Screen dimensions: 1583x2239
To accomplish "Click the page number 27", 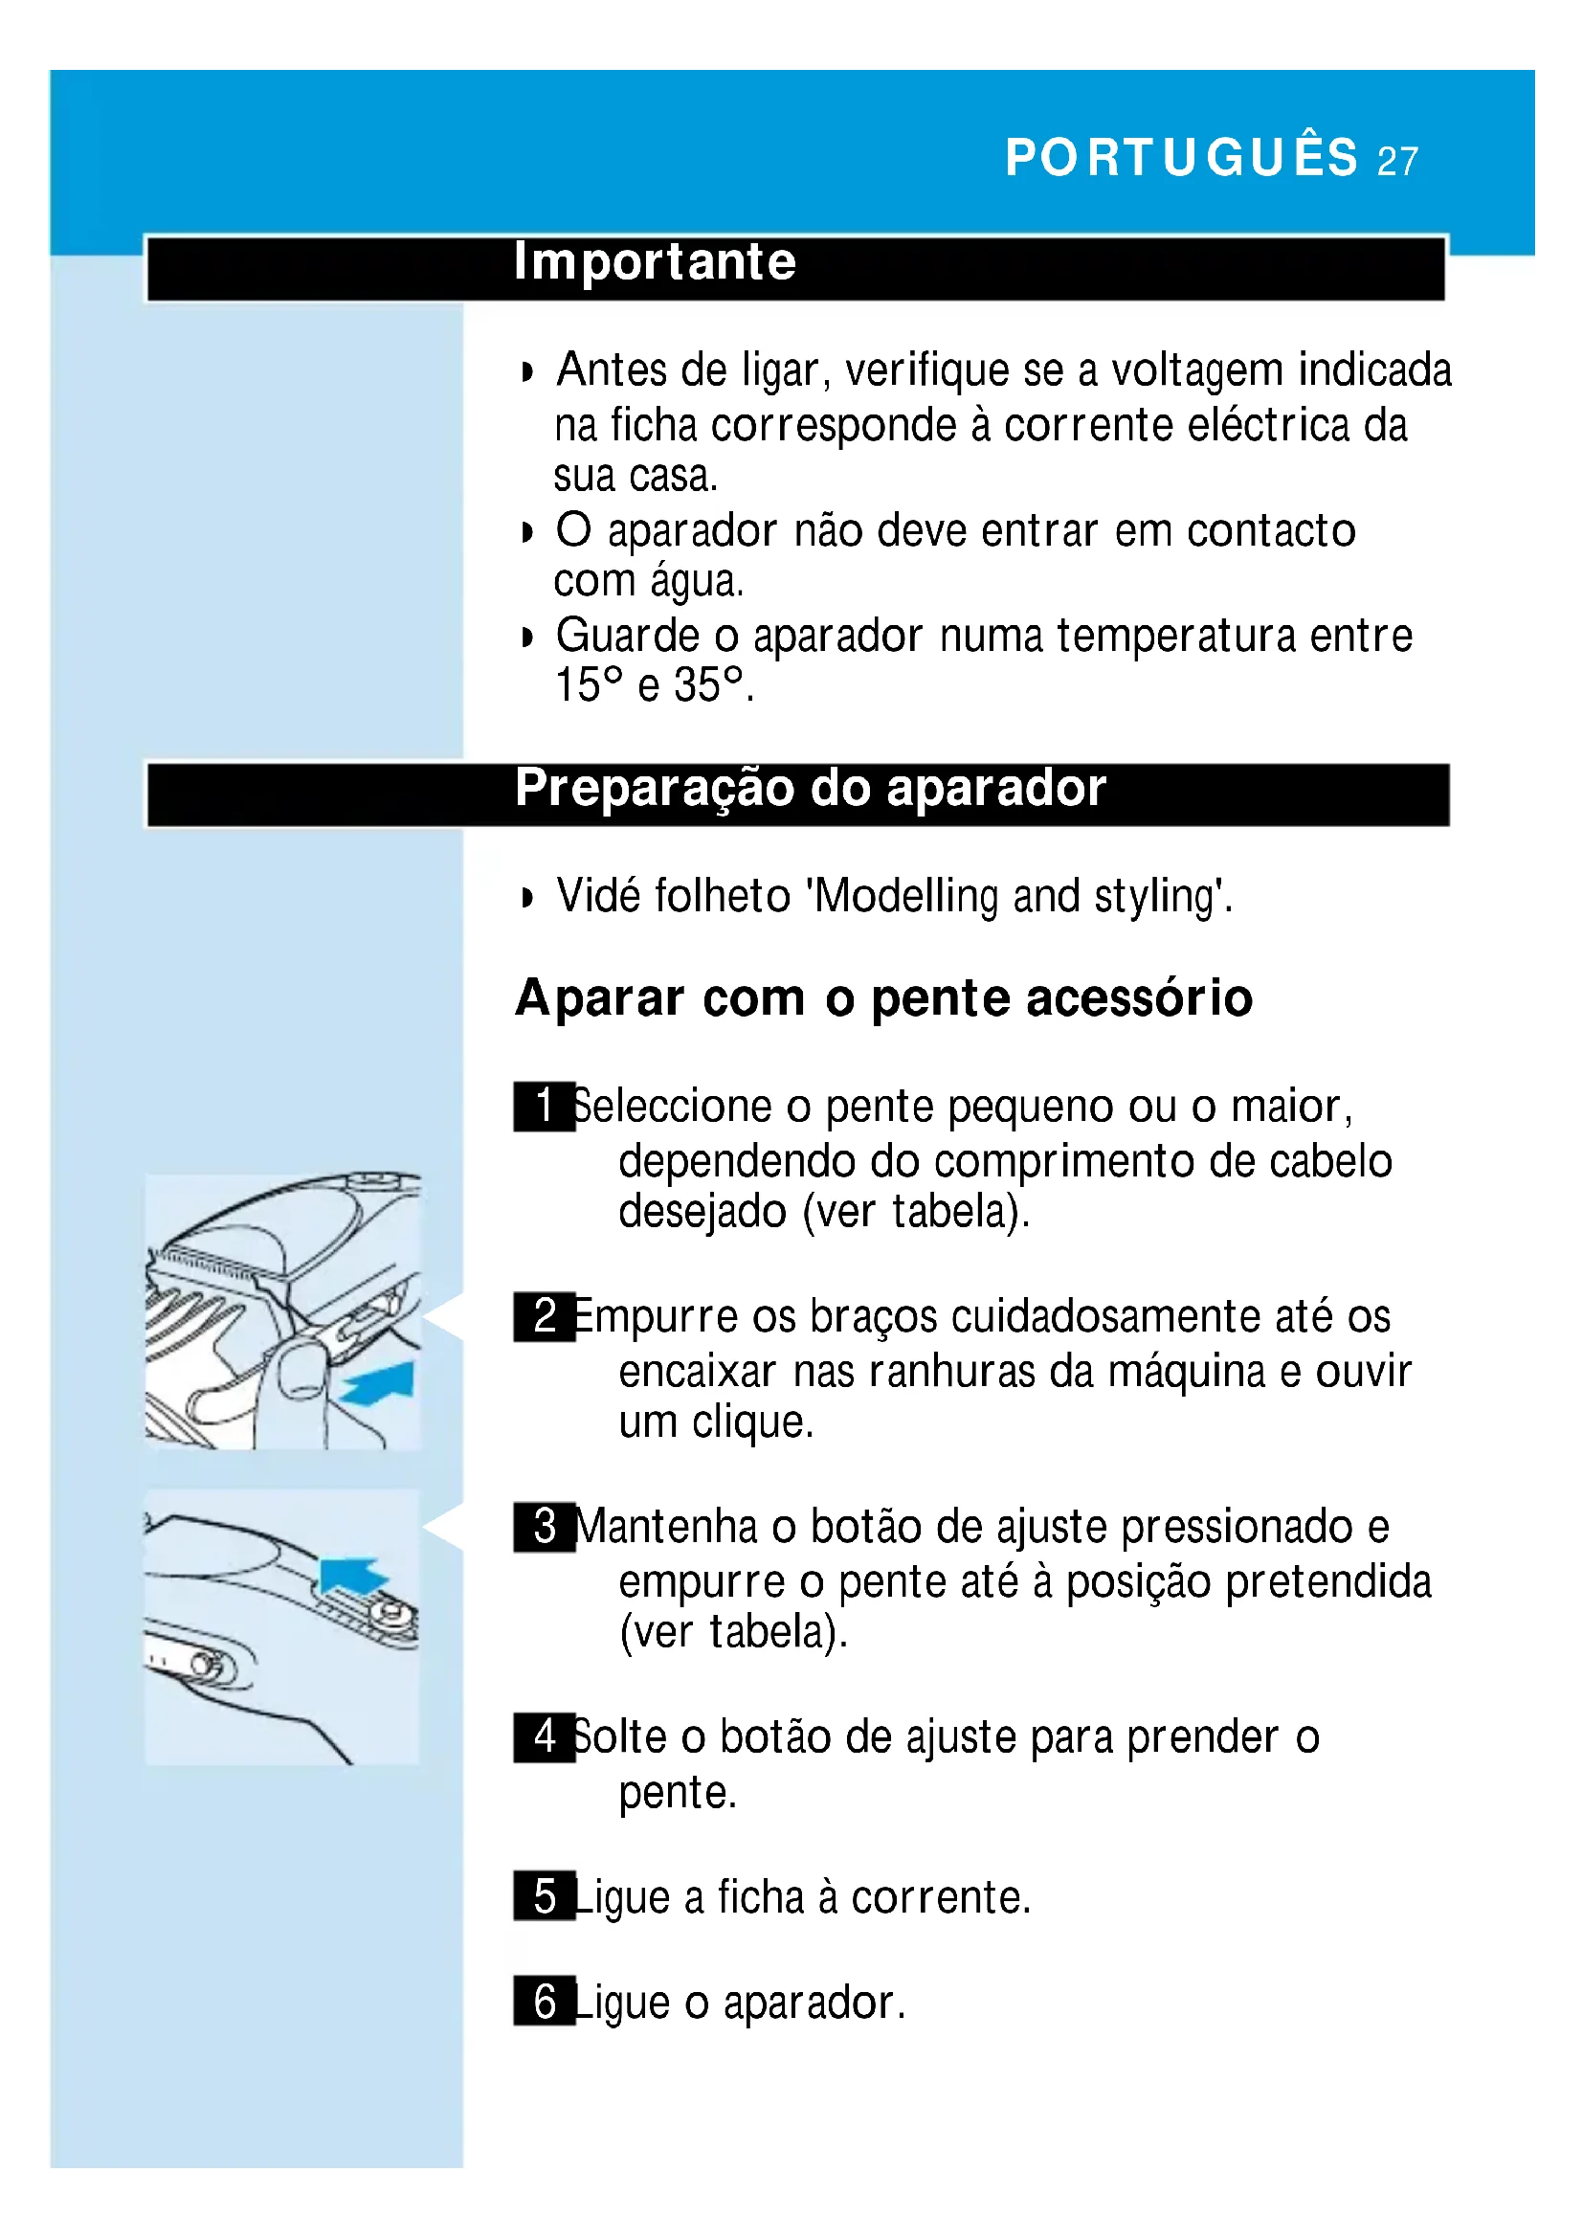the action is point(1396,161).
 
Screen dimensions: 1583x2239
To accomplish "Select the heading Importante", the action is point(655,261).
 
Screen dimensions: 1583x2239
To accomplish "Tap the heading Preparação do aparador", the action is point(810,788).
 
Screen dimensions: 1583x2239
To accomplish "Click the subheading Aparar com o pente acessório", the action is point(884,997).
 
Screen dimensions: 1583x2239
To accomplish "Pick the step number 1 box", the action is point(544,1106).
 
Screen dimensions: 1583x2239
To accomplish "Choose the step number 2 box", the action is point(544,1316).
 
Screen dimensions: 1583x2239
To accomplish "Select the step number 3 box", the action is point(544,1526).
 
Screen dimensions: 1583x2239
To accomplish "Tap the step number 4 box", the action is point(544,1736).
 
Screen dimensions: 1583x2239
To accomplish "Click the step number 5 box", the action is point(544,1896).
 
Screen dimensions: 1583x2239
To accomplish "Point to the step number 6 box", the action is point(544,2002).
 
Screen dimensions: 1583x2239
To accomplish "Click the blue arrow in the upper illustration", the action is point(380,1384).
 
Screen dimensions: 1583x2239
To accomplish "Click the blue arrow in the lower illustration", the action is point(352,1575).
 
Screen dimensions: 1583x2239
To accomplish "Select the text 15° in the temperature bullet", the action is point(588,685).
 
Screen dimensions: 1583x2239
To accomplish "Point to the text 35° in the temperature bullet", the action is point(707,685).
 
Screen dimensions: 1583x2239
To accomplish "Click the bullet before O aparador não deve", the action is point(527,532).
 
